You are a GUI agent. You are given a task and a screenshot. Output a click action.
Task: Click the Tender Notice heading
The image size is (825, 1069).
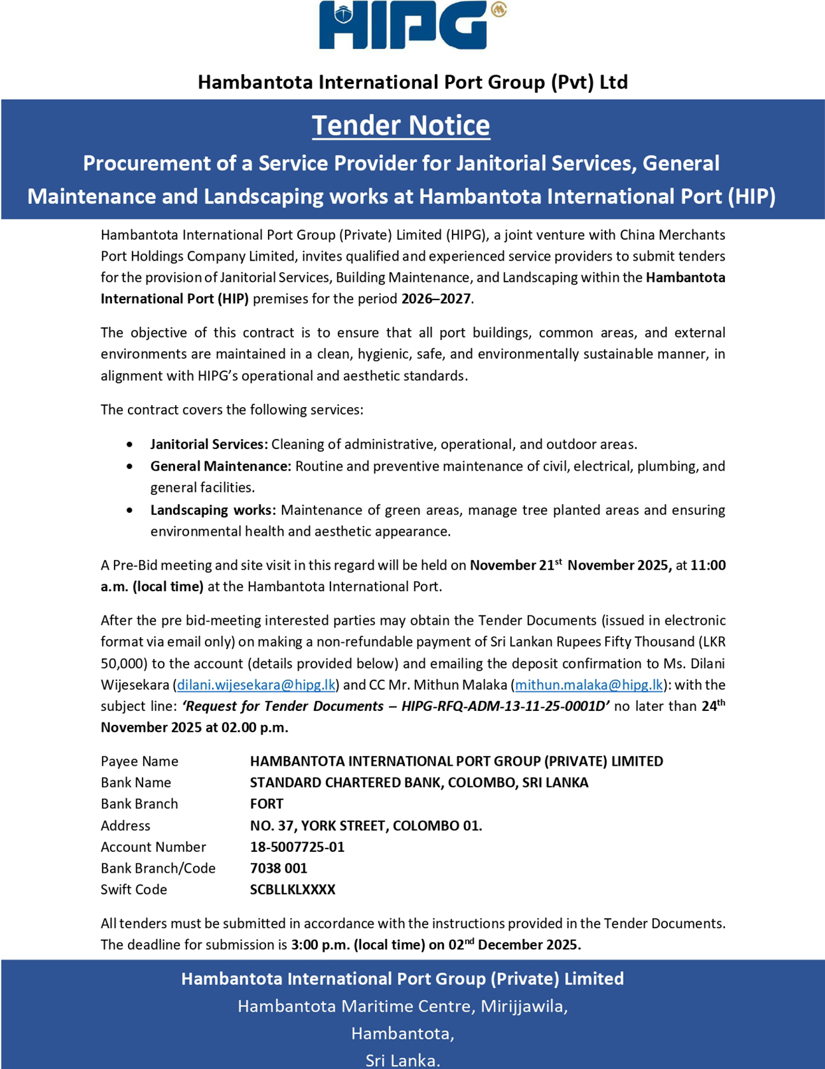click(x=400, y=126)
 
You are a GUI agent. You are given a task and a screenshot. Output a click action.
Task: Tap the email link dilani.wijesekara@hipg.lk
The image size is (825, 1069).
click(x=256, y=685)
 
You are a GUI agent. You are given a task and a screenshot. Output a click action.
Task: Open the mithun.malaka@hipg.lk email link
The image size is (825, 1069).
click(x=589, y=685)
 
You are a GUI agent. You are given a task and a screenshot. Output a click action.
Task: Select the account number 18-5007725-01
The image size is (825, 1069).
click(x=297, y=847)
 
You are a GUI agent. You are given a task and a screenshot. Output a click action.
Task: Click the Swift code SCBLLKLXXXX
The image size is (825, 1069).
click(x=292, y=889)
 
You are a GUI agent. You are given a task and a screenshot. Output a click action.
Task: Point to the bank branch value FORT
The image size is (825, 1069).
click(x=266, y=804)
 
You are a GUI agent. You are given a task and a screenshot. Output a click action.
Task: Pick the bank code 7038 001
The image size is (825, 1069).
click(x=278, y=868)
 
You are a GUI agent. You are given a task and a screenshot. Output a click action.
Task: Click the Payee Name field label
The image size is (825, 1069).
click(x=139, y=761)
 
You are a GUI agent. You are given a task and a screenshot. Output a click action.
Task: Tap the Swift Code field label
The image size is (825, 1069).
click(x=134, y=889)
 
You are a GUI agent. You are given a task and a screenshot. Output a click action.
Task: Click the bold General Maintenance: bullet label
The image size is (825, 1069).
click(x=220, y=466)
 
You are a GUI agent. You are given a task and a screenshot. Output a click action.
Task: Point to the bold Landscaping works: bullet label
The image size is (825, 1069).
click(x=213, y=510)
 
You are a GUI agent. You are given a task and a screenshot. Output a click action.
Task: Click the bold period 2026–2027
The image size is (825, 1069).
click(x=436, y=299)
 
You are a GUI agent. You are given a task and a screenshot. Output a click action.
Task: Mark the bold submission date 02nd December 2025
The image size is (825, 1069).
click(x=514, y=945)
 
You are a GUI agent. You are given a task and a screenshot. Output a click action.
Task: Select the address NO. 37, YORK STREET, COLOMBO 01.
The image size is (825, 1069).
click(x=365, y=826)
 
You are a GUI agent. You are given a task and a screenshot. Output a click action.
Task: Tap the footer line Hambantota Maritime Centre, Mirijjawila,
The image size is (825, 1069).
click(x=402, y=1006)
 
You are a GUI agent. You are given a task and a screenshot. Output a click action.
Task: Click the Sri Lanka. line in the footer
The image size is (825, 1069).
click(x=402, y=1060)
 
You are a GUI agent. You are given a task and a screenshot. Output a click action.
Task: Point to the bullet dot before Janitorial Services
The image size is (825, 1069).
click(x=130, y=444)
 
